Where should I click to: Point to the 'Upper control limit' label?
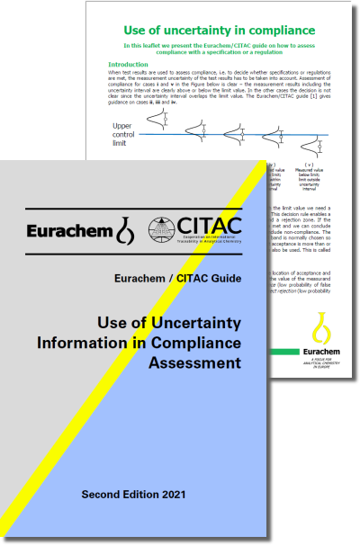130,135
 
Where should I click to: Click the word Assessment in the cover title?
190,362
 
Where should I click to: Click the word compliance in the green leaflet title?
289,29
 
